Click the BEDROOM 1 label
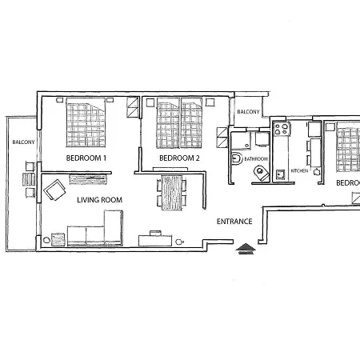pos(86,158)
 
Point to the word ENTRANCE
pos(235,222)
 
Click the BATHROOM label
pos(256,159)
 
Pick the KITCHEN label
pos(299,171)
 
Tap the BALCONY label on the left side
pos(22,142)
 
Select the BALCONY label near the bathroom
pos(247,112)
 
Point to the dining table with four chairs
pos(172,192)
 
